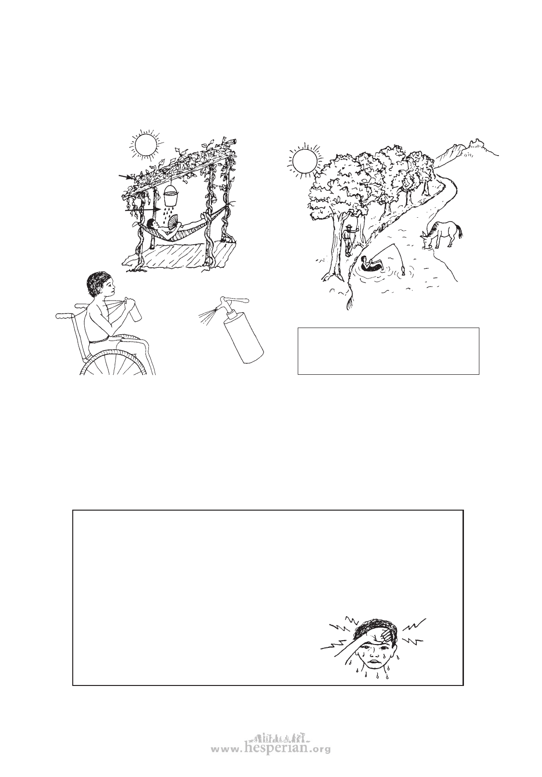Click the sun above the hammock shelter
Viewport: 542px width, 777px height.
pyautogui.click(x=145, y=145)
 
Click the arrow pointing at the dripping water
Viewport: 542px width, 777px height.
pyautogui.click(x=143, y=210)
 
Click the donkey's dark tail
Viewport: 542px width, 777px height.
pyautogui.click(x=461, y=232)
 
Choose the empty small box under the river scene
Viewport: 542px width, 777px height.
pyautogui.click(x=388, y=351)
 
